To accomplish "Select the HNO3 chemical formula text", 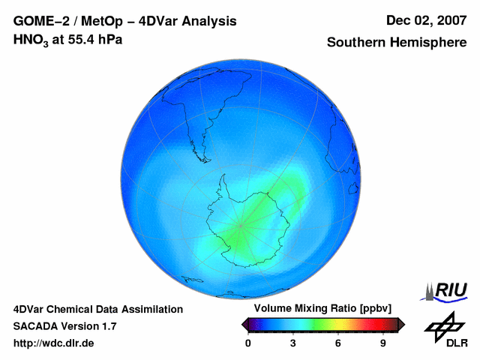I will (29, 40).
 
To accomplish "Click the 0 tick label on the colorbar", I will (248, 343).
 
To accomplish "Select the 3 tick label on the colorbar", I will (293, 343).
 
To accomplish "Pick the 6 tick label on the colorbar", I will (338, 343).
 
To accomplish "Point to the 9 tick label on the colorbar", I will (383, 343).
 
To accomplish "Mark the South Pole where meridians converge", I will (241, 225).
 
